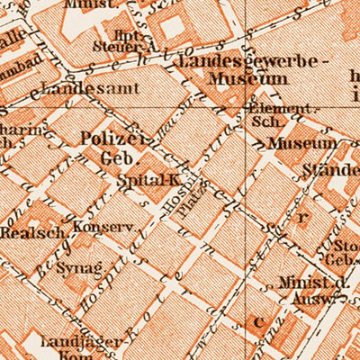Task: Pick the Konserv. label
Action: (97, 227)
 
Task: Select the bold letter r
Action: (302, 216)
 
